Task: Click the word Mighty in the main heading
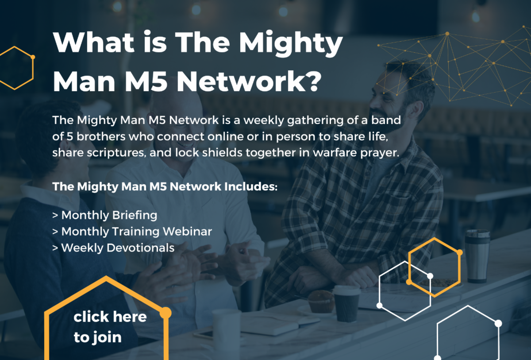click(x=291, y=44)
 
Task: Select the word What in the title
click(x=93, y=42)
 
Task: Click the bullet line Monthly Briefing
click(x=104, y=215)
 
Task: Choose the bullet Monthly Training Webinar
click(x=132, y=232)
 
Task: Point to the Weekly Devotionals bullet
click(x=113, y=248)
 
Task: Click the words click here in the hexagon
click(x=110, y=317)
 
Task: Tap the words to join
click(x=98, y=337)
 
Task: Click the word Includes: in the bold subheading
click(x=251, y=186)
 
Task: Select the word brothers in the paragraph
click(x=101, y=136)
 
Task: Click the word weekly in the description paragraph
click(x=264, y=120)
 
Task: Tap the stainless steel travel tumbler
click(x=477, y=256)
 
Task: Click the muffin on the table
click(x=321, y=301)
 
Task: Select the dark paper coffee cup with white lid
click(x=347, y=304)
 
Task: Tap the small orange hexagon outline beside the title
click(x=16, y=68)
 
